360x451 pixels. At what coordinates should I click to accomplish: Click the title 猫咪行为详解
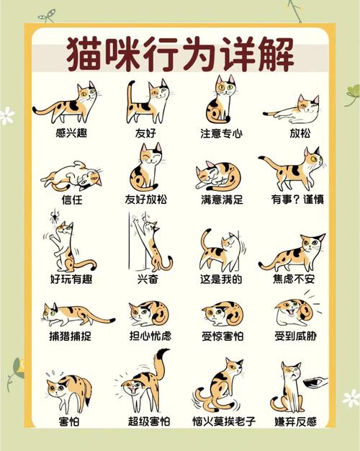pos(180,54)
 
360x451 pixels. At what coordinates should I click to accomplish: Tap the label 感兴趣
pos(71,133)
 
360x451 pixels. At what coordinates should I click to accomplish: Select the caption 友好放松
pos(145,199)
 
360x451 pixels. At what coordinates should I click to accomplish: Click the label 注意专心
pos(222,133)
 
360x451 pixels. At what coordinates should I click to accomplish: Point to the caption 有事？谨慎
pos(297,199)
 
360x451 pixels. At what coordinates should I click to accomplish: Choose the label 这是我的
pos(221,279)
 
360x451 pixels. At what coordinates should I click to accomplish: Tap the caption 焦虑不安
pos(294,279)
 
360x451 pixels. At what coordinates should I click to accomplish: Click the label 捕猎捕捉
pos(70,336)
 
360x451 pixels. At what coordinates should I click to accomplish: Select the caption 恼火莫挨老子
pos(224,421)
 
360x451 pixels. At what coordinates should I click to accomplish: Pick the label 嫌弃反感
pos(296,421)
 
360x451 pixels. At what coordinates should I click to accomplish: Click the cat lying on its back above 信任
pos(72,177)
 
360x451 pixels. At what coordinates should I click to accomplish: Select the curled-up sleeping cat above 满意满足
pos(218,176)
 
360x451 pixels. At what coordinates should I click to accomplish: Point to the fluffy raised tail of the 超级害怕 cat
pos(161,363)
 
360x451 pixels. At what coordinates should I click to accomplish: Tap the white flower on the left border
pos(6,116)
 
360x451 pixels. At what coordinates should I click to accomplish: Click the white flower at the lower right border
pos(351,398)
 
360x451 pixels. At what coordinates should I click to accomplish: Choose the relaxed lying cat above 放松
pos(292,110)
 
